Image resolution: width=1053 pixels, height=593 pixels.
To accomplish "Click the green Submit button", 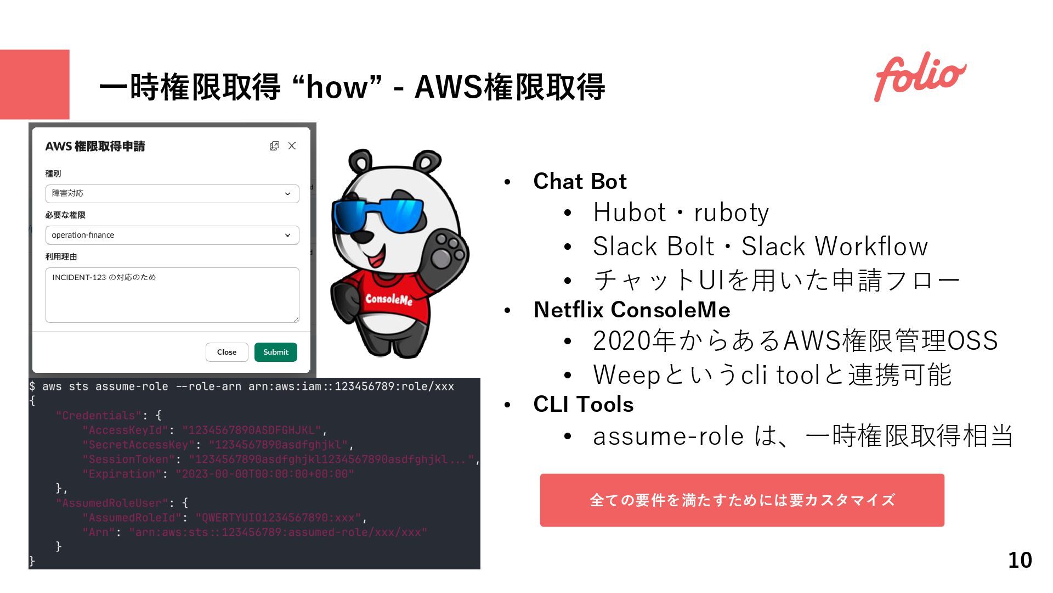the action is point(275,353).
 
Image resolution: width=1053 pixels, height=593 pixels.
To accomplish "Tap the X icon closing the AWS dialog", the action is point(292,146).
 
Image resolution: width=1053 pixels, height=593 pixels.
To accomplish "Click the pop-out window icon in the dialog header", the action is point(274,146).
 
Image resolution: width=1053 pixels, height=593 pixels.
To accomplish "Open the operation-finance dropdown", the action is point(172,235).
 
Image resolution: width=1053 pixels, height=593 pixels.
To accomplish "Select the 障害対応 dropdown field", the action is point(172,194).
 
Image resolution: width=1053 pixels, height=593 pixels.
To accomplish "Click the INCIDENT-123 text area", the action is point(172,295).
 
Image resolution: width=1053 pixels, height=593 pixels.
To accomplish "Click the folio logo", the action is point(920,77).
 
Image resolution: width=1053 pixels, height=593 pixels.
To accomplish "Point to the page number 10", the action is point(1020,560).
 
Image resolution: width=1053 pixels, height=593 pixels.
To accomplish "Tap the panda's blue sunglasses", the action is point(378,215).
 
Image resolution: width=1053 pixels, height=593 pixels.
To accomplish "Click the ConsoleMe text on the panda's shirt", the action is point(389,299).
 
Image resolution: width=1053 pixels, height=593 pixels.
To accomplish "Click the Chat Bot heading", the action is point(580,182).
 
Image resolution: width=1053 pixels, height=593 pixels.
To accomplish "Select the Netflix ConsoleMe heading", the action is point(632,310).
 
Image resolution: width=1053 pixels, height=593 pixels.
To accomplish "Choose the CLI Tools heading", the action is point(584,405).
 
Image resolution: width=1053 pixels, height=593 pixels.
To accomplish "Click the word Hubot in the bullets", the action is point(629,213).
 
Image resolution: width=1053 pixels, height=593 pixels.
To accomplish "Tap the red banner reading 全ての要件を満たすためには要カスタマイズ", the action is point(741,500).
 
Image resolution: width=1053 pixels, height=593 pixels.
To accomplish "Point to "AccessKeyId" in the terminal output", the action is point(125,430).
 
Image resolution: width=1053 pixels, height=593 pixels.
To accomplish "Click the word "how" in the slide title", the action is point(337,87).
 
